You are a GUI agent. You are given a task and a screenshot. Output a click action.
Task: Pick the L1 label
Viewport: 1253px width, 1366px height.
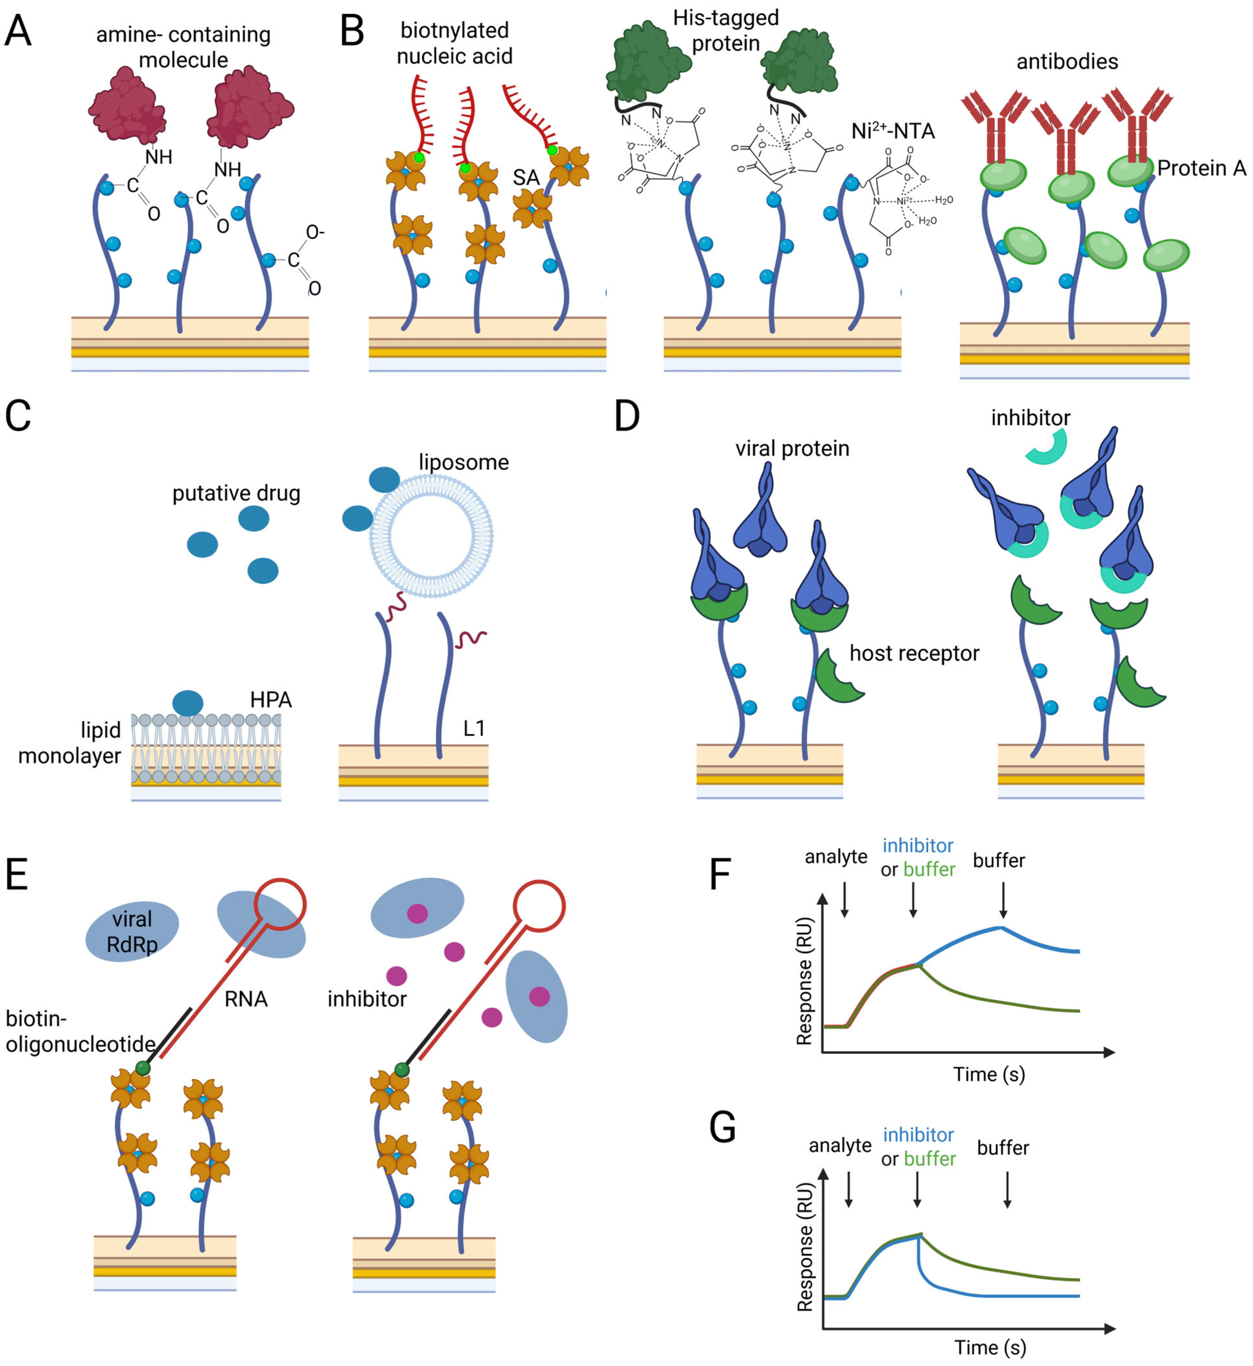[x=474, y=729]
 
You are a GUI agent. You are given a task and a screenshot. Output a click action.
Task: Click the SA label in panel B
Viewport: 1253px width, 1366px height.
[x=526, y=178]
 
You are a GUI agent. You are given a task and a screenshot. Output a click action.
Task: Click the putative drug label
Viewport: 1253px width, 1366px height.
[x=236, y=493]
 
